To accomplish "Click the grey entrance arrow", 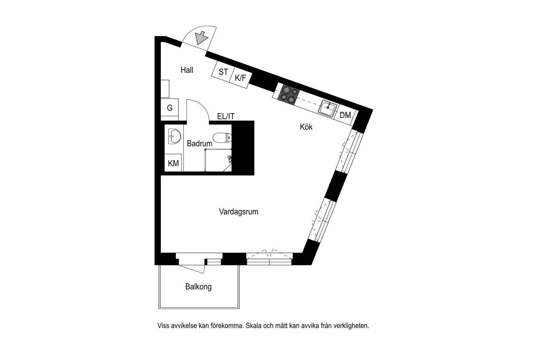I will (x=201, y=38).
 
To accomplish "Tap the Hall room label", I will (x=187, y=70).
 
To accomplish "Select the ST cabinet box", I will (x=223, y=72).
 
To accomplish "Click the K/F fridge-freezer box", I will (x=241, y=78).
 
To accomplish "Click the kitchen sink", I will (x=328, y=108).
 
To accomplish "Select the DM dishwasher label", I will (x=345, y=115).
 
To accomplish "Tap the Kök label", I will (x=306, y=127).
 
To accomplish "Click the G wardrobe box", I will (x=170, y=108).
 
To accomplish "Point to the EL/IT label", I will (x=226, y=116).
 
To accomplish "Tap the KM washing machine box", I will (x=173, y=163).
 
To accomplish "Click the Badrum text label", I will (x=199, y=143).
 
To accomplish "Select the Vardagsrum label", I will (x=239, y=212).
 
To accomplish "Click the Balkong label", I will (x=198, y=287).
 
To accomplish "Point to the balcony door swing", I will (x=193, y=268).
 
